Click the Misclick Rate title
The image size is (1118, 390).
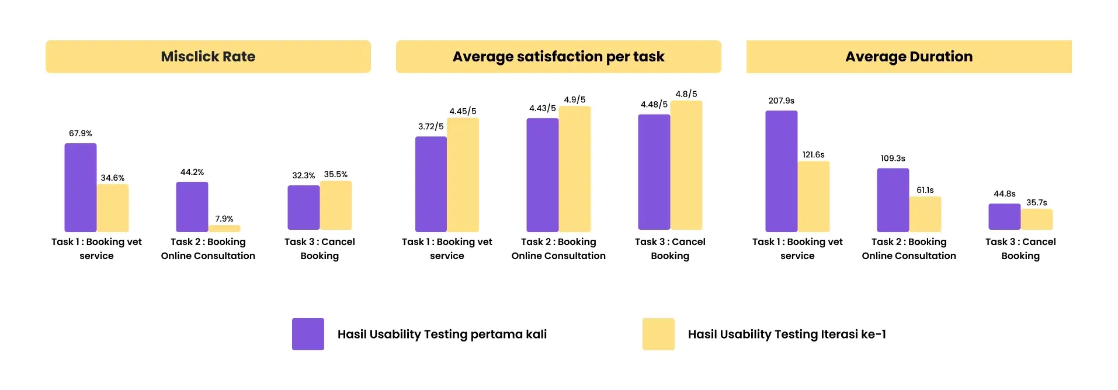point(208,57)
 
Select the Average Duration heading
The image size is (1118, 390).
point(909,57)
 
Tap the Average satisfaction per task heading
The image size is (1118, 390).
point(558,57)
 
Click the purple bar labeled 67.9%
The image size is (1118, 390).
point(81,188)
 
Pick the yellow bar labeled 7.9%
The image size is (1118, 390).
point(224,229)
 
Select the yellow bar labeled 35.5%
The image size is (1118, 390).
point(336,205)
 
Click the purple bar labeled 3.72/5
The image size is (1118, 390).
point(431,184)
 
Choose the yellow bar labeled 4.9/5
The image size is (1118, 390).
point(575,169)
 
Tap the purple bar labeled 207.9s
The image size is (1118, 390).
point(782,171)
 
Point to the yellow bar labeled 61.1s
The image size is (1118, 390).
point(925,214)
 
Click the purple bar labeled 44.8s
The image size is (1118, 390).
point(1005,216)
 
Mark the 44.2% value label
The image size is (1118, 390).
point(192,172)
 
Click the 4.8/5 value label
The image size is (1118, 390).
point(686,94)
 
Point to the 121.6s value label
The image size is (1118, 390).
point(814,155)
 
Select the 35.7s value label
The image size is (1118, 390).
point(1037,203)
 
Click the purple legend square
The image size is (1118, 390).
point(308,334)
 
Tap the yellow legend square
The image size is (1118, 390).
point(658,334)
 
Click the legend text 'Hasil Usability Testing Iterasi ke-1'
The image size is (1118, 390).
point(787,334)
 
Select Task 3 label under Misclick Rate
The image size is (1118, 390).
point(320,249)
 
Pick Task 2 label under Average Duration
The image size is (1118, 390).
point(909,249)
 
